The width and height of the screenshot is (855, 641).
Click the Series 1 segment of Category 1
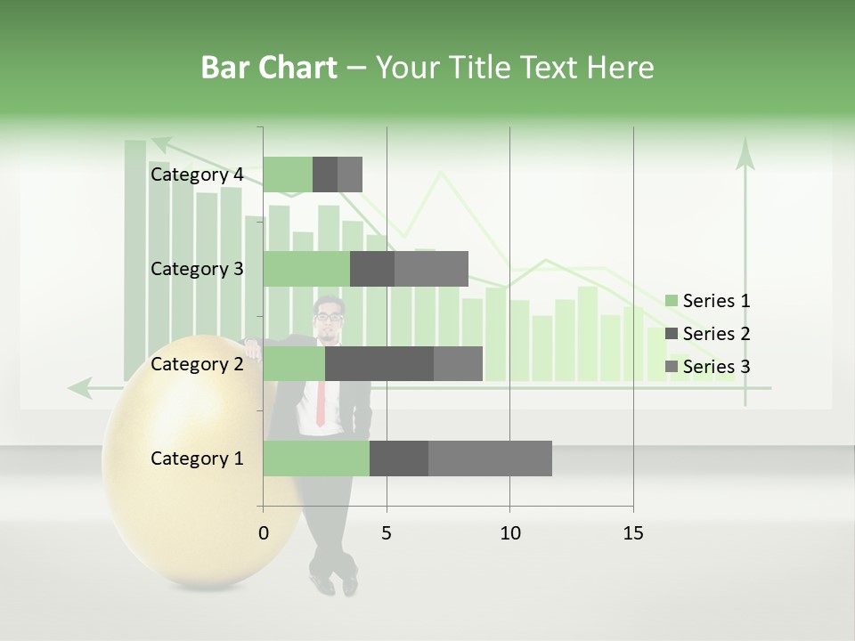pyautogui.click(x=316, y=458)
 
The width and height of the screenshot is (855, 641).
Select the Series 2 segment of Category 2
pyautogui.click(x=379, y=364)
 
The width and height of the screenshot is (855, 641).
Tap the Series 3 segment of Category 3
pyautogui.click(x=431, y=269)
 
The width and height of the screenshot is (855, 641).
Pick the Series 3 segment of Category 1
pyautogui.click(x=490, y=458)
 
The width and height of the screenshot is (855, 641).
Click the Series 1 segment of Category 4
pyautogui.click(x=288, y=174)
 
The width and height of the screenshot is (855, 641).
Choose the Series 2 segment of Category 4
pyautogui.click(x=325, y=174)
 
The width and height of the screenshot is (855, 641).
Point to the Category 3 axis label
pyautogui.click(x=197, y=269)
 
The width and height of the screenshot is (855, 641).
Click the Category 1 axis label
pyautogui.click(x=197, y=458)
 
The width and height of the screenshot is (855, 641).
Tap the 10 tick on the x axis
pyautogui.click(x=509, y=533)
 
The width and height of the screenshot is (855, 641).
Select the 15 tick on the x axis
pyautogui.click(x=633, y=533)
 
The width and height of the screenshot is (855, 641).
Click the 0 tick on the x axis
pyautogui.click(x=264, y=533)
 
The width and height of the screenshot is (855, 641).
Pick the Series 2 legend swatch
pyautogui.click(x=671, y=334)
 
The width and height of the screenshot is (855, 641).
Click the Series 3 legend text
pyautogui.click(x=716, y=367)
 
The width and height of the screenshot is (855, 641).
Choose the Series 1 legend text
pyautogui.click(x=716, y=301)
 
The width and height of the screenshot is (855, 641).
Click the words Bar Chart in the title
pyautogui.click(x=269, y=68)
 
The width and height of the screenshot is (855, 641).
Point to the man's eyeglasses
pyautogui.click(x=329, y=316)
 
